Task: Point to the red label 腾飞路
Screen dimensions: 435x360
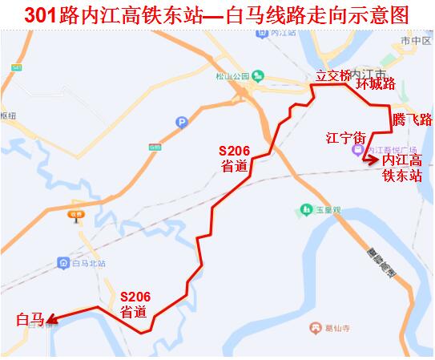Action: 413,119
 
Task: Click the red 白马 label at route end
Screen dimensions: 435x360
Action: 29,320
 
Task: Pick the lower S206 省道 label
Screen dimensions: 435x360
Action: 135,303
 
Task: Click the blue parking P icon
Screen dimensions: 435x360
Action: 182,123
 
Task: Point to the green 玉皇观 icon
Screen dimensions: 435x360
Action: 305,210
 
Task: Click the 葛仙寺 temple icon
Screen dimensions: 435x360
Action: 315,327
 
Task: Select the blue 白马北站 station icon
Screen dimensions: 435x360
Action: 63,263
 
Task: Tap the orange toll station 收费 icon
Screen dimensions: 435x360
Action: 76,215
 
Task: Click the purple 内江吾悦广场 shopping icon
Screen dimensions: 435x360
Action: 358,150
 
